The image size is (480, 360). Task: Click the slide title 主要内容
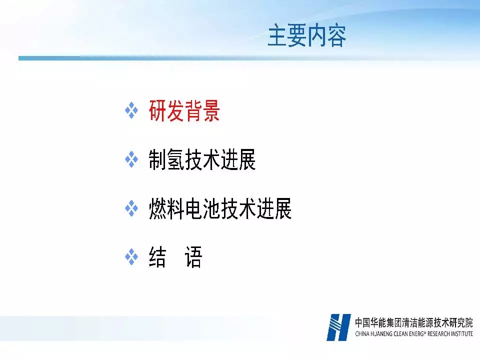[x=306, y=36]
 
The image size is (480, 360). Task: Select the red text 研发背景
[x=184, y=111]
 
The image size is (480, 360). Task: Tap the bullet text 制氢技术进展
[x=202, y=159]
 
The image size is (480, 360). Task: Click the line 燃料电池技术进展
[x=220, y=208]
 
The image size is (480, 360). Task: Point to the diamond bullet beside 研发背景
[x=131, y=110]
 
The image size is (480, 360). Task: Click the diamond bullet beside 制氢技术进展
[x=131, y=159]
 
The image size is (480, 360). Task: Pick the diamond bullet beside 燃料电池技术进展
[x=131, y=208]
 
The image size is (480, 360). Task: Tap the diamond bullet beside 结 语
[x=131, y=257]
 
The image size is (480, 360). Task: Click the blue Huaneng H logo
[x=338, y=327]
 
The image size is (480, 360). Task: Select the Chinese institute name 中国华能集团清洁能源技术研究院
[x=414, y=322]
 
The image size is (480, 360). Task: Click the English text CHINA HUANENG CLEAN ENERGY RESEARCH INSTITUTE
[x=414, y=333]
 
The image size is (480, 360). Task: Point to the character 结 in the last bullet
[x=157, y=257]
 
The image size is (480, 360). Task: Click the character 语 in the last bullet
[x=193, y=257]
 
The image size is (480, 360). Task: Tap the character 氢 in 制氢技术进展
[x=175, y=159]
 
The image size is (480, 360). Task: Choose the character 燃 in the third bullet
[x=157, y=208]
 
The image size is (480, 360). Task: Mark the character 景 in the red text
[x=211, y=111]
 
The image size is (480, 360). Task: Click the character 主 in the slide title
[x=277, y=36]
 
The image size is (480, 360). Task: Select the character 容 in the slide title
[x=336, y=36]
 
